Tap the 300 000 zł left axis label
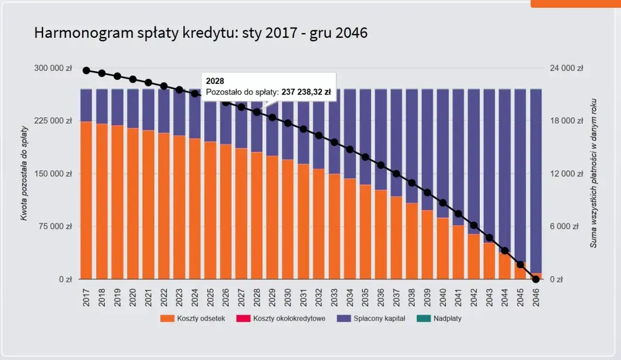[x=53, y=68]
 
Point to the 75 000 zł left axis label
[x=55, y=227]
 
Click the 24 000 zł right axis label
[x=566, y=68]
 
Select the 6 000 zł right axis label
[x=568, y=227]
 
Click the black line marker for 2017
[x=86, y=70]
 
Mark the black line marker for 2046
[x=536, y=279]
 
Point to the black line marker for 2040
[x=443, y=203]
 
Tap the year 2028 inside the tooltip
[x=215, y=81]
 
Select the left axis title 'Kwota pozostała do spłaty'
[x=23, y=173]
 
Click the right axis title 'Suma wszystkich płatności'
[x=593, y=173]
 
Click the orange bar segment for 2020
[x=133, y=204]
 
